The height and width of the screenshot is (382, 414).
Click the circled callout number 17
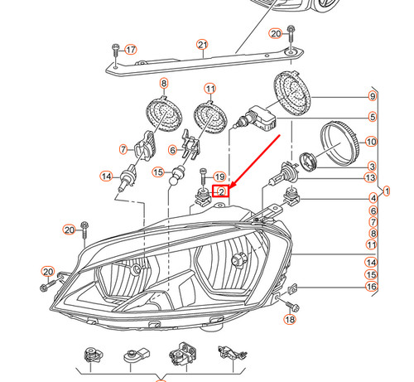[x=129, y=49]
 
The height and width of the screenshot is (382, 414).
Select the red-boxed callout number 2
[x=222, y=191]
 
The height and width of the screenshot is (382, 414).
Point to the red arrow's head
[x=229, y=188]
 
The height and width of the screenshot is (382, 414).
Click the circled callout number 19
[x=219, y=176]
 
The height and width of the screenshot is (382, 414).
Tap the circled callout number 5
[x=372, y=118]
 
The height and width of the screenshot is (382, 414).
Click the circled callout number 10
[x=370, y=141]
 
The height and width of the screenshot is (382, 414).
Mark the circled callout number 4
[x=372, y=197]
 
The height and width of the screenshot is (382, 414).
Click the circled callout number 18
[x=289, y=319]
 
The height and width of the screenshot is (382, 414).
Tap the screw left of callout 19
[x=202, y=176]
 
